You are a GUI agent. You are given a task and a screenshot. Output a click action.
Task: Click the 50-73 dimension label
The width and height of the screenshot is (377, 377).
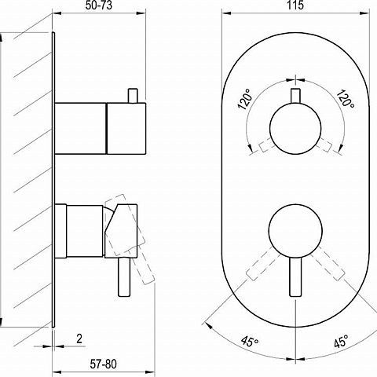99,5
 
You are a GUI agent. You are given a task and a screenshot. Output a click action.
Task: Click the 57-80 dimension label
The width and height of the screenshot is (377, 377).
103,364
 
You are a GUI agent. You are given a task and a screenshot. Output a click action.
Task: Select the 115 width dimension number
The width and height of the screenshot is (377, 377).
295,5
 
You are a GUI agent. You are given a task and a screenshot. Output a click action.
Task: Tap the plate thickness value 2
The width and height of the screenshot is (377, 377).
79,339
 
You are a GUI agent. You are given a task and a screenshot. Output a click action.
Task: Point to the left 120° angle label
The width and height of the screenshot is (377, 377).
245,99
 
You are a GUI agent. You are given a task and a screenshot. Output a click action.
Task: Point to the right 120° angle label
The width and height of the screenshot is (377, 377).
346,98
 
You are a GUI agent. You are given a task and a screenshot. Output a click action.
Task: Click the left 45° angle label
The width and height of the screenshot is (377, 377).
250,341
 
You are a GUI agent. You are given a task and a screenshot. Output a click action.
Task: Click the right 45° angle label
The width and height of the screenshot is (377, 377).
341,341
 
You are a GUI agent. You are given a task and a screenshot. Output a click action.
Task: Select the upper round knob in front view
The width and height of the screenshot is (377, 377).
295,128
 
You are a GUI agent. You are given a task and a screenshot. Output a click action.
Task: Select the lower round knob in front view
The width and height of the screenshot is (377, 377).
295,230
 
